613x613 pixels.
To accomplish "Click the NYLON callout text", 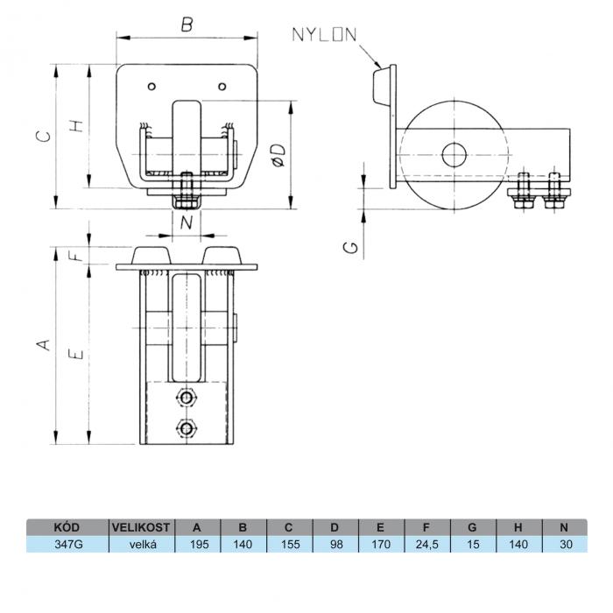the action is point(325,35).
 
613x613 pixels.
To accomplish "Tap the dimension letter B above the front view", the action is point(187,25).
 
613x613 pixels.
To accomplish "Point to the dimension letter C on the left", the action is point(43,136).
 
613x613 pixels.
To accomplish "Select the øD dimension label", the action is point(279,155).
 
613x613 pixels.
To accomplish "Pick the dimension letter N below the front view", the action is point(187,222).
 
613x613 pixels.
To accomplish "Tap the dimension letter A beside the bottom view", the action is point(44,344).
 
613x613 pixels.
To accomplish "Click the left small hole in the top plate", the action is point(152,87).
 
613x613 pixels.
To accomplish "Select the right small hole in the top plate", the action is point(222,87).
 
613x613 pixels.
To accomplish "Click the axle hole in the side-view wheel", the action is point(454,155).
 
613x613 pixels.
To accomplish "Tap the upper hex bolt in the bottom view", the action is point(187,398).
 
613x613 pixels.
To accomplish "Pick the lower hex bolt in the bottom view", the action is point(187,428).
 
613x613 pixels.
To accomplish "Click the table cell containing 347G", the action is point(67,544).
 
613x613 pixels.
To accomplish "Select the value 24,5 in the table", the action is point(427,544).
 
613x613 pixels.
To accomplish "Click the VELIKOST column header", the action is point(141,527).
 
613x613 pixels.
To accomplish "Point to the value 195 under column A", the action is point(198,544).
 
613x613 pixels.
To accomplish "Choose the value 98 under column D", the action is point(335,544).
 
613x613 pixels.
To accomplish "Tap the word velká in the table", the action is point(143,544).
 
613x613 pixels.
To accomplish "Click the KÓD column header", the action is point(67,527).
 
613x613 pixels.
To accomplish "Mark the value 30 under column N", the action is point(566,544).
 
